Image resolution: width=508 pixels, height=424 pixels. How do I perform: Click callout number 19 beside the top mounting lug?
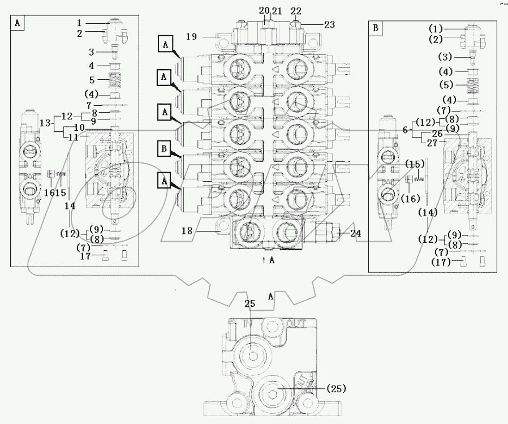pyautogui.click(x=191, y=37)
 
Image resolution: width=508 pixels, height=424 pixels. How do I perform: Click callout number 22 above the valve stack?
pyautogui.click(x=295, y=11)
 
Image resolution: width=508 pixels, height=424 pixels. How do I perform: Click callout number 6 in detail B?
pyautogui.click(x=404, y=130)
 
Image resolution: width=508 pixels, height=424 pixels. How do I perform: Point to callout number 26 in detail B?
pyautogui.click(x=437, y=134)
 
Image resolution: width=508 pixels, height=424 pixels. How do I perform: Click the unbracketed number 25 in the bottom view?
pyautogui.click(x=250, y=304)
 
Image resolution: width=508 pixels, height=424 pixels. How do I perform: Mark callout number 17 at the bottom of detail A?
pyautogui.click(x=84, y=256)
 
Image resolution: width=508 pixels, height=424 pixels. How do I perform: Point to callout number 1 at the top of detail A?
pyautogui.click(x=80, y=23)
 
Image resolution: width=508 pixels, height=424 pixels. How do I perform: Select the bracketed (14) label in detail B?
pyautogui.click(x=428, y=212)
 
